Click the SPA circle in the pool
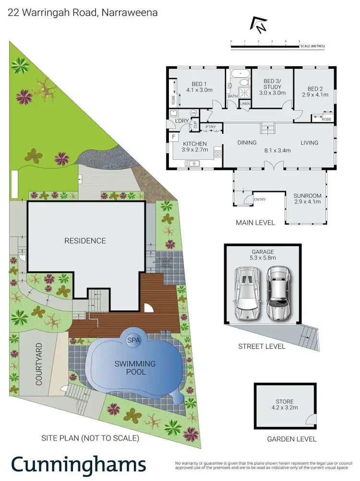[x=133, y=340]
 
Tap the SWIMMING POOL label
[x=135, y=368]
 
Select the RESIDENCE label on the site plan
[x=85, y=240]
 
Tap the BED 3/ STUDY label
[x=272, y=86]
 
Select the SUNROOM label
[x=308, y=198]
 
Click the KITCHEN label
[x=194, y=146]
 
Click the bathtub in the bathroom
[x=238, y=74]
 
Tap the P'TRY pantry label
[x=211, y=127]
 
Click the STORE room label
[x=285, y=404]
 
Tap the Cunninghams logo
[x=78, y=464]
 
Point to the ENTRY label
[x=260, y=200]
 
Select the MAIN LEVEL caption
[x=255, y=223]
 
